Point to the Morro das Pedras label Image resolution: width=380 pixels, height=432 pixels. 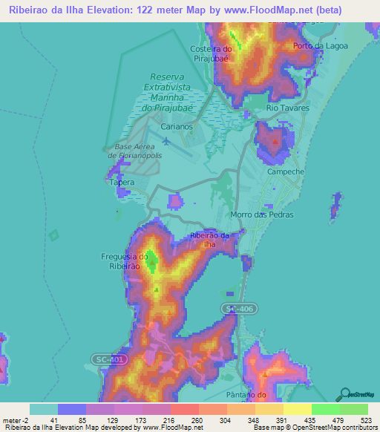click(262, 215)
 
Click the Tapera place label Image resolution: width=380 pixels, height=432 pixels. click(122, 182)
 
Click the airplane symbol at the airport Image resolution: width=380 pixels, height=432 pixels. click(165, 141)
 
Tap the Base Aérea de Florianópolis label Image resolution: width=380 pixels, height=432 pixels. click(134, 151)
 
